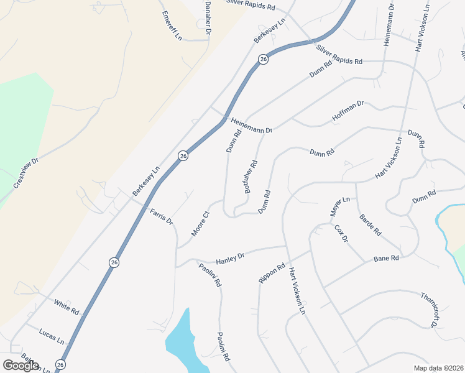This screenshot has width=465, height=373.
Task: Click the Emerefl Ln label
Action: [x=172, y=25]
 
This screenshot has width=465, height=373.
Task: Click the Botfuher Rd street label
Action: [x=251, y=177]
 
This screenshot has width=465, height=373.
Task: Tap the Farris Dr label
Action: [x=161, y=216]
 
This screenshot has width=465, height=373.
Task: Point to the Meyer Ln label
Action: [x=341, y=208]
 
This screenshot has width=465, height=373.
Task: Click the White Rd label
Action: [x=67, y=306]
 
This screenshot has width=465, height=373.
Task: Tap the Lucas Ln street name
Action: [x=52, y=336]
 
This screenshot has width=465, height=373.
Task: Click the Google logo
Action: [x=21, y=365]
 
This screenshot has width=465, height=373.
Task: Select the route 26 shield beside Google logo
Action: [x=60, y=365]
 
